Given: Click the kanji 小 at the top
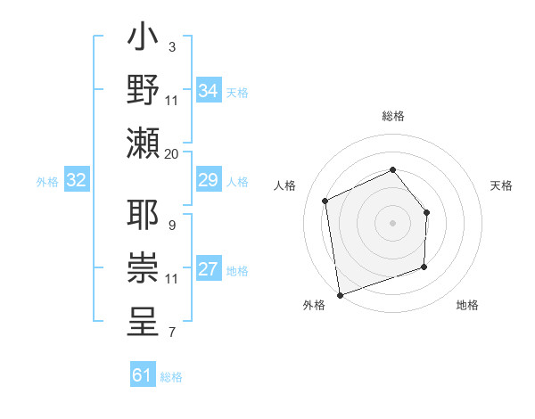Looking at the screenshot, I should (144, 40).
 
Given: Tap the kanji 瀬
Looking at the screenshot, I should (144, 143).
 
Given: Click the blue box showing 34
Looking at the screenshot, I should (208, 91).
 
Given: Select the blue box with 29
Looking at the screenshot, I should (208, 181).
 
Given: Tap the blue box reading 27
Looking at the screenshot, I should (208, 270).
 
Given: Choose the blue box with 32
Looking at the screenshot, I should (77, 181).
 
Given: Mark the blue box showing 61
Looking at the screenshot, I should (143, 375).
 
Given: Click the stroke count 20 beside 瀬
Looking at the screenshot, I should (171, 153).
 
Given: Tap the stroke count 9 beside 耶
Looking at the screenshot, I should (171, 225).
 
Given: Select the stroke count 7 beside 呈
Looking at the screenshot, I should (171, 333).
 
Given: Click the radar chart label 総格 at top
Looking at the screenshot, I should (392, 116).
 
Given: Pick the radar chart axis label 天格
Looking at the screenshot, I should (502, 185).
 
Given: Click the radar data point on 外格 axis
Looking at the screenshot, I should (339, 294).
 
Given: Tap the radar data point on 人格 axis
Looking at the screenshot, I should (325, 201).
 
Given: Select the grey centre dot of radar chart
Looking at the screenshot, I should (392, 222).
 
